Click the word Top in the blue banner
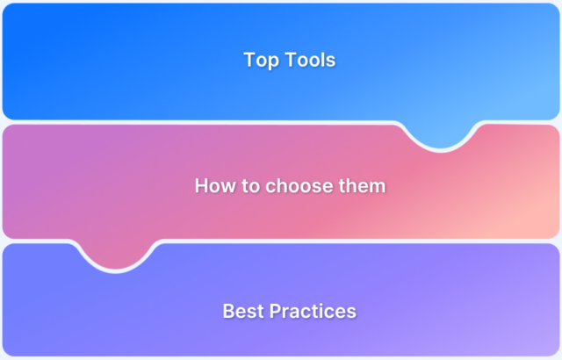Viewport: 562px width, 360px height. tap(258, 61)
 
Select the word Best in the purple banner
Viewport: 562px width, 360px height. tap(240, 311)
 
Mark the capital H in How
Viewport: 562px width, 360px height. tap(201, 186)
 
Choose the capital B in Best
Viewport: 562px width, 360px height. tap(228, 311)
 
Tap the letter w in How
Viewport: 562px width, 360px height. tap(226, 186)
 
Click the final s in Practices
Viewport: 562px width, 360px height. tap(351, 311)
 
